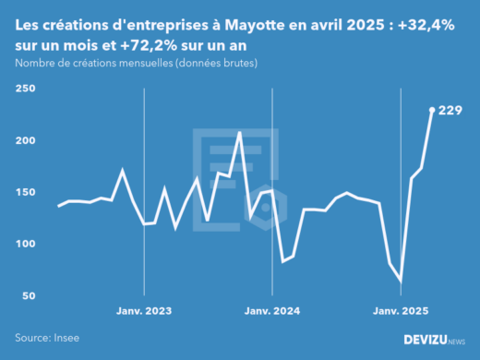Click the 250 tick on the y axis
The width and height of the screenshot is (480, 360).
pyautogui.click(x=24, y=89)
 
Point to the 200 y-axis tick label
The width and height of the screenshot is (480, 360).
pyautogui.click(x=24, y=140)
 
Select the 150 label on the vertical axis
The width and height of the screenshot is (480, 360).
pyautogui.click(x=24, y=192)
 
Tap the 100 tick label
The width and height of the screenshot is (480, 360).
pyautogui.click(x=24, y=244)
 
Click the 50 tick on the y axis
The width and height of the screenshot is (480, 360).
pyautogui.click(x=28, y=295)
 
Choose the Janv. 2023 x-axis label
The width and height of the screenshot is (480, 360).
pyautogui.click(x=144, y=311)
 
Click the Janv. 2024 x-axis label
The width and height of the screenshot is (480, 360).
pyautogui.click(x=272, y=311)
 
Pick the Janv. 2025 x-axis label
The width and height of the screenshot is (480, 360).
pyautogui.click(x=401, y=311)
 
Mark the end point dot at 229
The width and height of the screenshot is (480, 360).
pyautogui.click(x=432, y=110)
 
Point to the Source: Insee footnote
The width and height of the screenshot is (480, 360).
pyautogui.click(x=46, y=339)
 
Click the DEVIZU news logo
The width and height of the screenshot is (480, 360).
pyautogui.click(x=435, y=340)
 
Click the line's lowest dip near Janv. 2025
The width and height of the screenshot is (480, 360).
pyautogui.click(x=401, y=281)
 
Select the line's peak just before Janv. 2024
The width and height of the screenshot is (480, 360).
pyautogui.click(x=240, y=133)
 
